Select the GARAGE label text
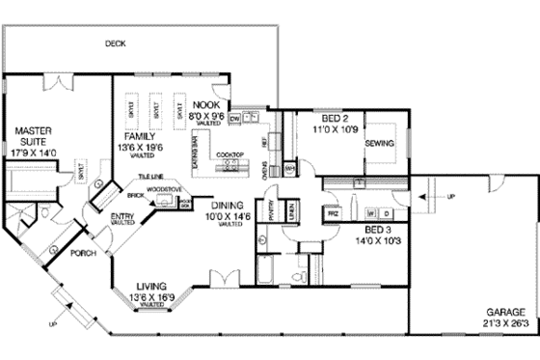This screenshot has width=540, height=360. (x=505, y=313)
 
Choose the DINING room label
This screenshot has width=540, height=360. (x=228, y=205)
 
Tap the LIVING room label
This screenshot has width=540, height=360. (x=153, y=287)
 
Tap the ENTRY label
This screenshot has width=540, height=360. (x=122, y=216)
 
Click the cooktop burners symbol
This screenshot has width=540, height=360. (x=230, y=165)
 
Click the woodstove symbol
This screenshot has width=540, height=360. (x=170, y=200)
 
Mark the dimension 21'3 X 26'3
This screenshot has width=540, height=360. (x=505, y=324)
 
